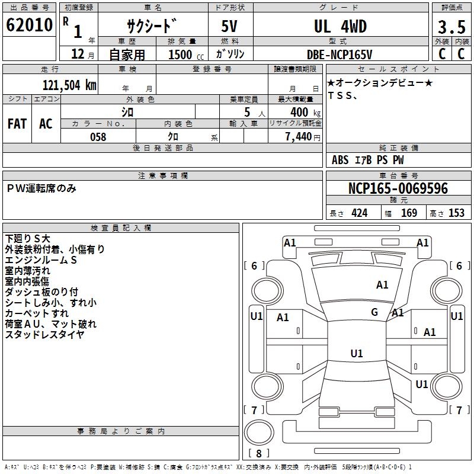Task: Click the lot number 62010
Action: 30,26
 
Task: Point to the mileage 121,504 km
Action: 70,85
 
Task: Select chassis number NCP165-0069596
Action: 398,189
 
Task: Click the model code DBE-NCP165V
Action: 340,54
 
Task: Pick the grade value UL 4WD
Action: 340,27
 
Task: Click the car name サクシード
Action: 152,27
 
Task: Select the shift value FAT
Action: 17,124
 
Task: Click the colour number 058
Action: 98,137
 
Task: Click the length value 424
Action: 359,213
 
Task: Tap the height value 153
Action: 456,213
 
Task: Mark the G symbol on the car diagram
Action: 374,312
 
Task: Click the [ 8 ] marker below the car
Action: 259,453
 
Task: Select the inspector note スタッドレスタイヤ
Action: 44,335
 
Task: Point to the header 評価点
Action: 451,8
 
